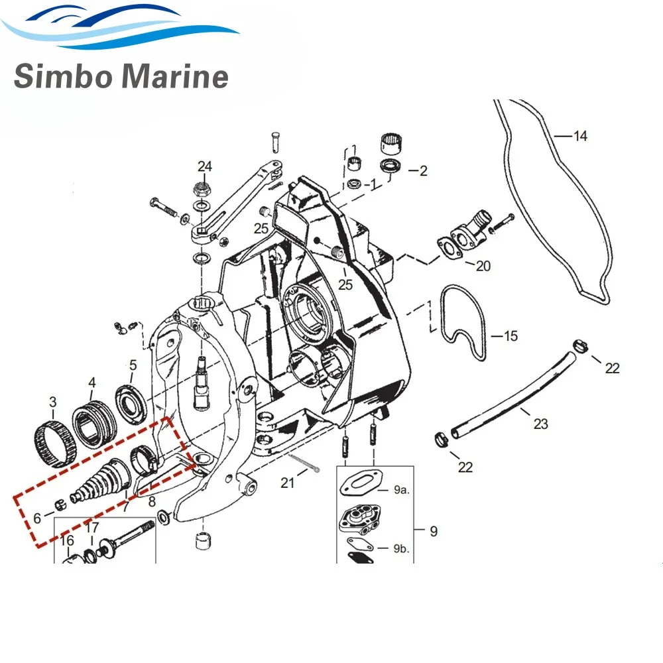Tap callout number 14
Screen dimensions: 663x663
pos(580,137)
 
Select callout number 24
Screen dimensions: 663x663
pos(205,165)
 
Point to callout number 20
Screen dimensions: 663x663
pos(483,266)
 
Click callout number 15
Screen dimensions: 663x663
pos(511,336)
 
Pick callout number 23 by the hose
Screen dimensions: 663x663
pos(541,423)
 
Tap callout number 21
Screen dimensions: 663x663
pos(287,483)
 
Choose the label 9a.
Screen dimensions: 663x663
pos(401,491)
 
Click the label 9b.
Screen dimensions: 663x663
pos(401,549)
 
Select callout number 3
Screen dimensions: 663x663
pos(53,401)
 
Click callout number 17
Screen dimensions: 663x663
pos(91,528)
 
